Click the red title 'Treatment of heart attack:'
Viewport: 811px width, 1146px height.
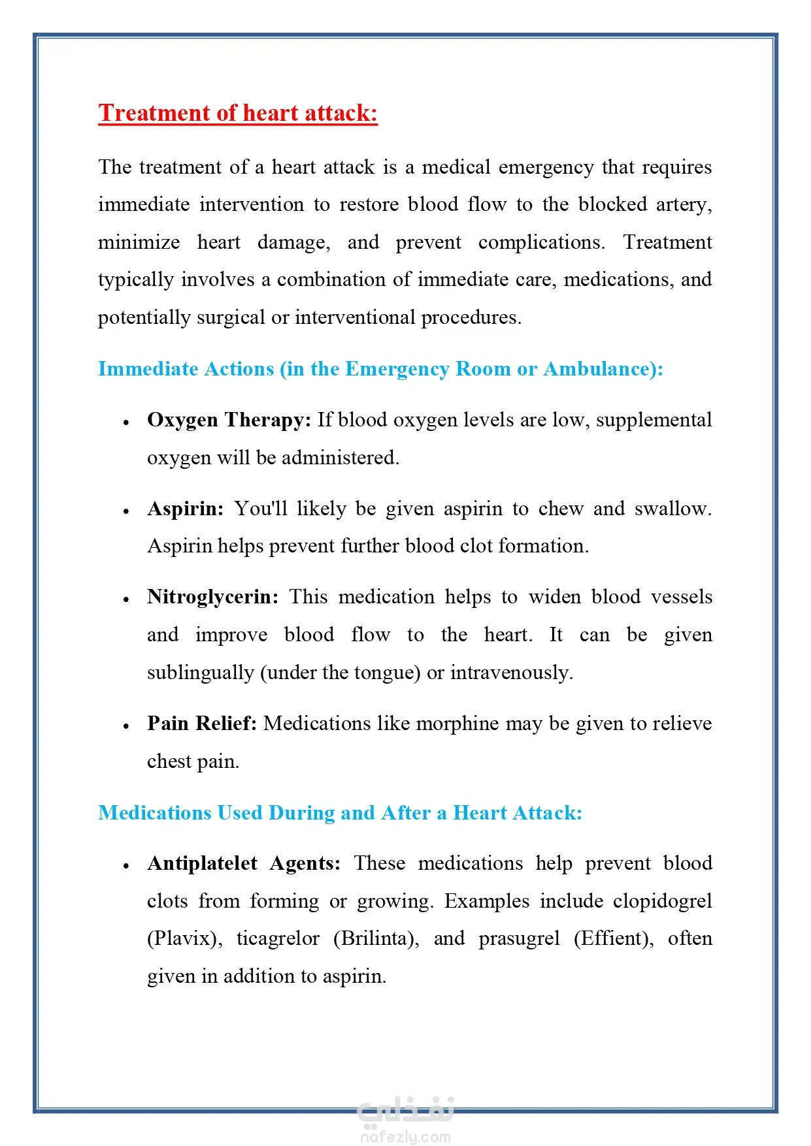point(238,113)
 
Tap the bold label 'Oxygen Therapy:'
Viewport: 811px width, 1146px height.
point(229,420)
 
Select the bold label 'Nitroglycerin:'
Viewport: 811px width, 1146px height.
point(212,597)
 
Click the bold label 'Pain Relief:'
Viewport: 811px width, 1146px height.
point(201,724)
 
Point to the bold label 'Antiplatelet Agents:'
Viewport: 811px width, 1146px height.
point(244,863)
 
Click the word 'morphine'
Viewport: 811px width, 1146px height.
point(457,724)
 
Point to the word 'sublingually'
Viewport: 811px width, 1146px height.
point(200,673)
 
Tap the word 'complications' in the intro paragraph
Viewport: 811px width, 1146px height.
point(540,242)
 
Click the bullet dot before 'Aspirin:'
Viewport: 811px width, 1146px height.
point(126,511)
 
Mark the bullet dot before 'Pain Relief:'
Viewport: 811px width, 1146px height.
point(126,726)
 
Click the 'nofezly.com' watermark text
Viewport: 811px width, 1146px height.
point(405,1137)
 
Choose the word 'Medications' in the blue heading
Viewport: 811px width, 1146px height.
point(155,813)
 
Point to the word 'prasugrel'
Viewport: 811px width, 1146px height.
point(519,938)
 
